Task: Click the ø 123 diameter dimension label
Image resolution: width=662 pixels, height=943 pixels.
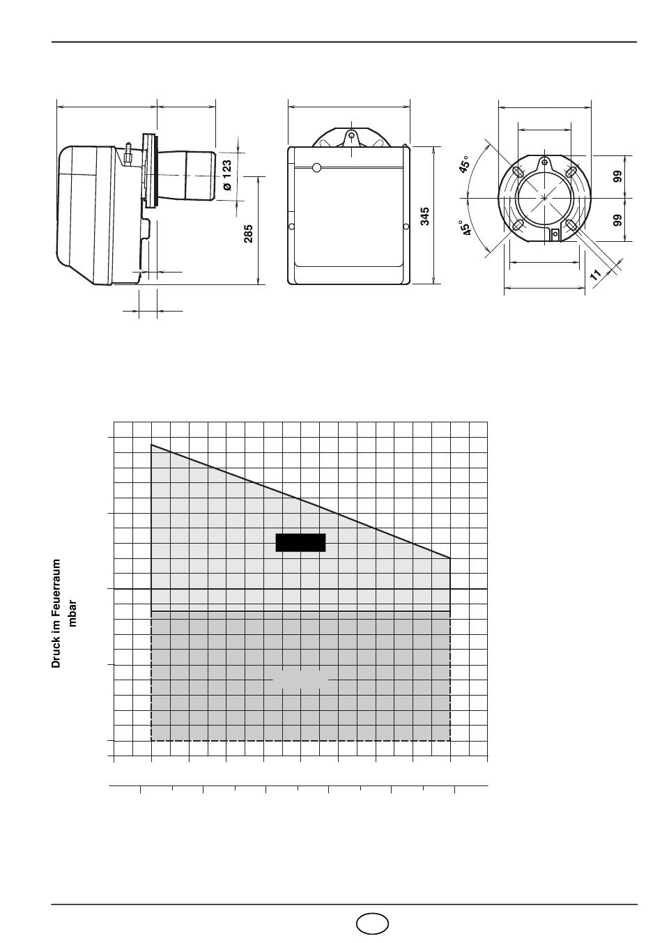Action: [x=227, y=175]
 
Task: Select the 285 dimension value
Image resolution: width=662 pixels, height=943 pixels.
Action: [x=248, y=233]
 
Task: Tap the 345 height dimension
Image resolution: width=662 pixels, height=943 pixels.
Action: [x=425, y=216]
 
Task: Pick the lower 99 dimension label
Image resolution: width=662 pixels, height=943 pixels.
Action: [x=617, y=220]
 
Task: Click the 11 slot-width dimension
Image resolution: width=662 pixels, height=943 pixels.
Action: [x=596, y=275]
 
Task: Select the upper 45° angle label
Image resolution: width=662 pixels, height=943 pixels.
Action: [x=464, y=164]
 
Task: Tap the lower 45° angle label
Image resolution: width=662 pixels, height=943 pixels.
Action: [x=465, y=228]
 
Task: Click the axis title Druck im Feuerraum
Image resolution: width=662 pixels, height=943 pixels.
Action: [x=56, y=613]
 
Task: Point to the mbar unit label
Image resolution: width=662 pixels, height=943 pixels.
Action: [x=72, y=613]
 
